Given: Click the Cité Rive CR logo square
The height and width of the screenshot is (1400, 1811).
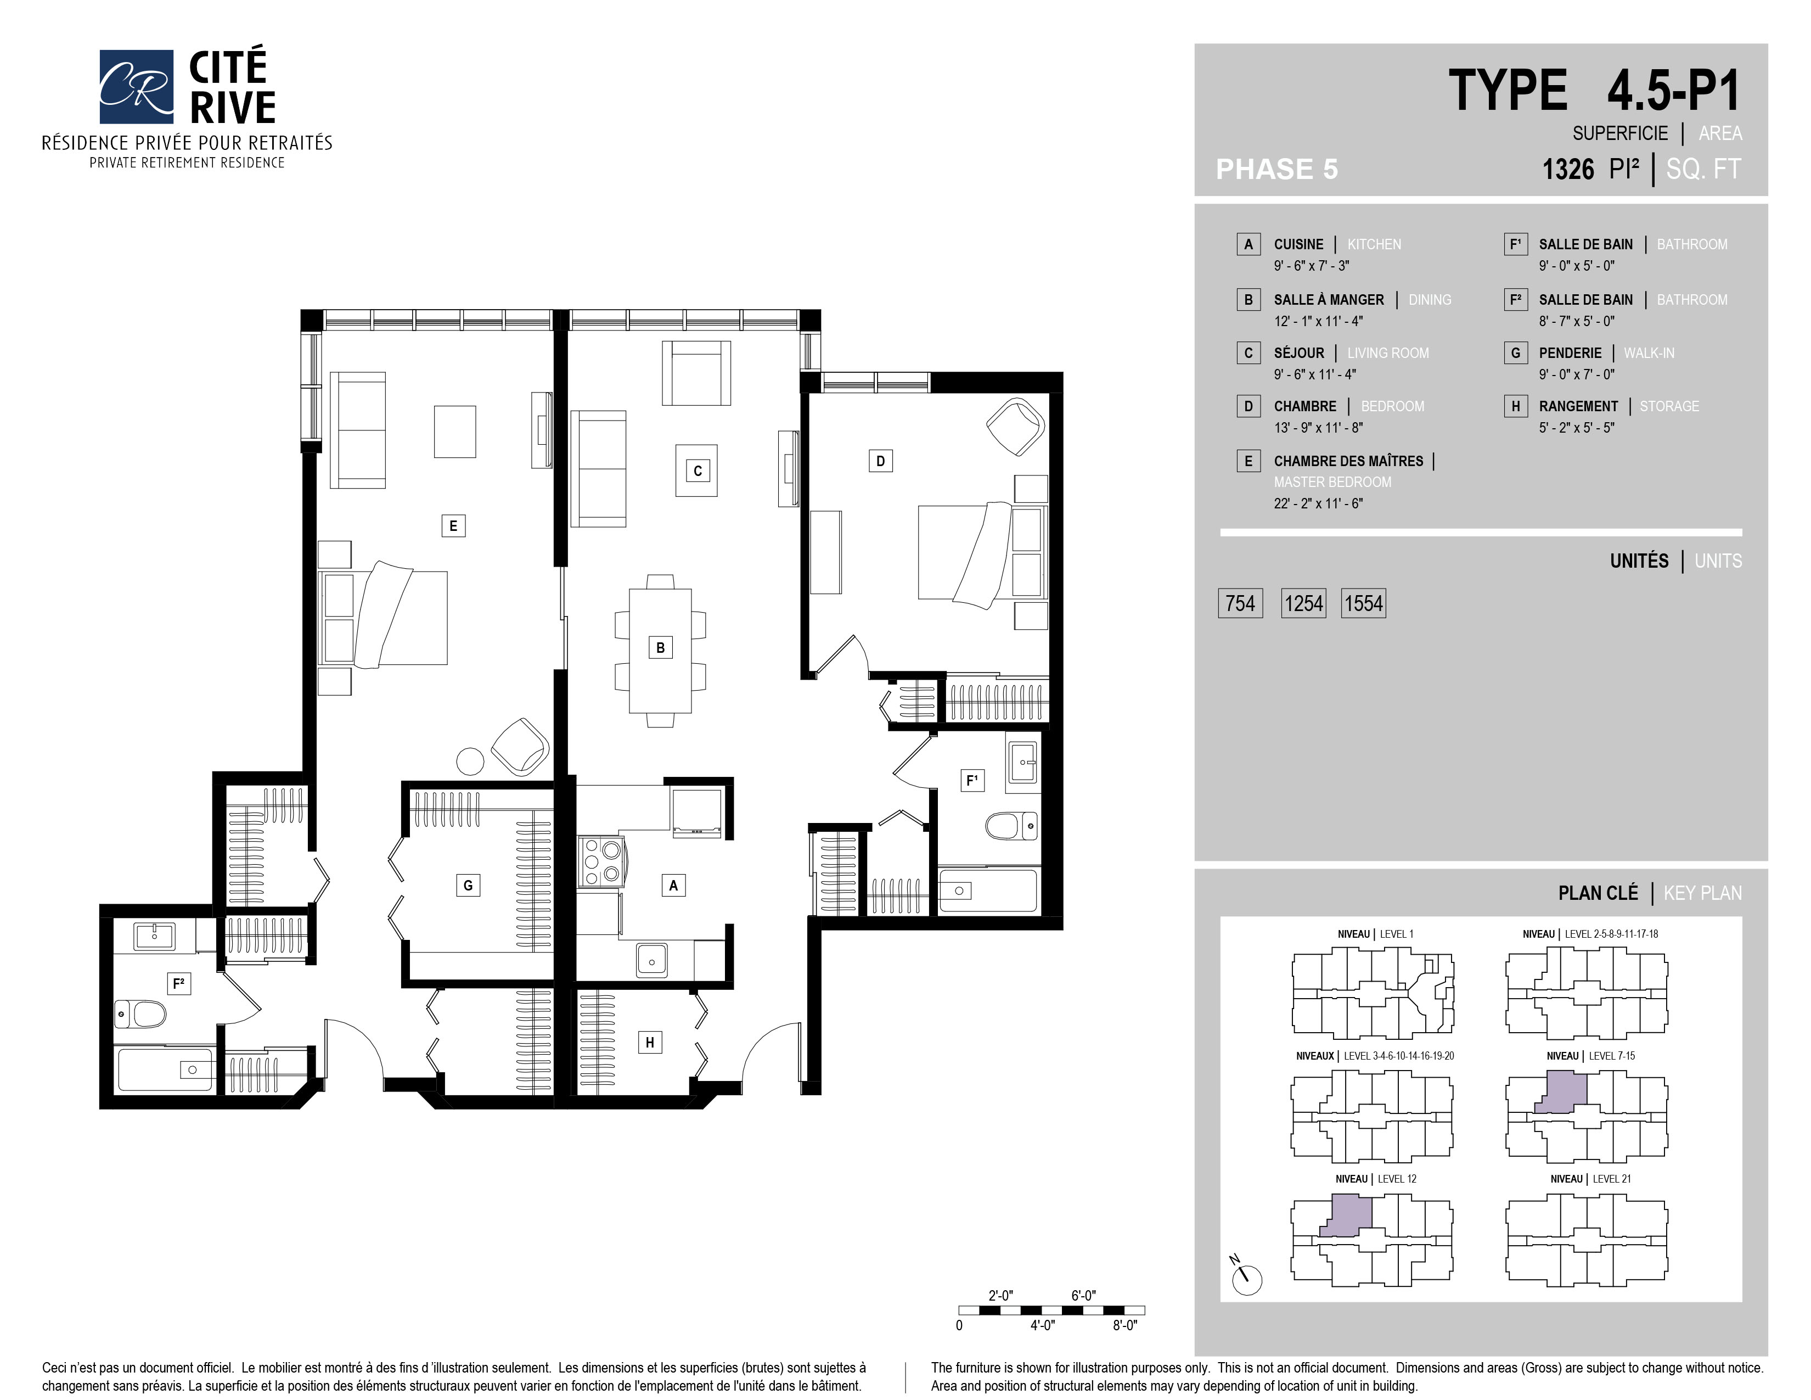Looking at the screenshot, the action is tap(136, 86).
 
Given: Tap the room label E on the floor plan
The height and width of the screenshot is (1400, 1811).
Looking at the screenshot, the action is tap(453, 525).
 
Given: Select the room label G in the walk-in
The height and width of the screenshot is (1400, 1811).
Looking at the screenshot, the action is tap(468, 885).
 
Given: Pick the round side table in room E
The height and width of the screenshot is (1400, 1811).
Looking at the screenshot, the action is tap(470, 760).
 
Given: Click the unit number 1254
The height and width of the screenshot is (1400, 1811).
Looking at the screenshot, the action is tap(1303, 603).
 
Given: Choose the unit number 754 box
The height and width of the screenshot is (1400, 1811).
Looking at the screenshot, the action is tap(1240, 603).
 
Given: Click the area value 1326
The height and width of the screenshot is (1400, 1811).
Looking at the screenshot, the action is tap(1568, 169).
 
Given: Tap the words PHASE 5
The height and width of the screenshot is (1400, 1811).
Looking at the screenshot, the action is tap(1277, 169).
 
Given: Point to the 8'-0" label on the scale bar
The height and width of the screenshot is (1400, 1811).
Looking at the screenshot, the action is tap(1124, 1325).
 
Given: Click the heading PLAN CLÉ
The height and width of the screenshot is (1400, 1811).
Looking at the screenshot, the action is tap(1598, 893).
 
